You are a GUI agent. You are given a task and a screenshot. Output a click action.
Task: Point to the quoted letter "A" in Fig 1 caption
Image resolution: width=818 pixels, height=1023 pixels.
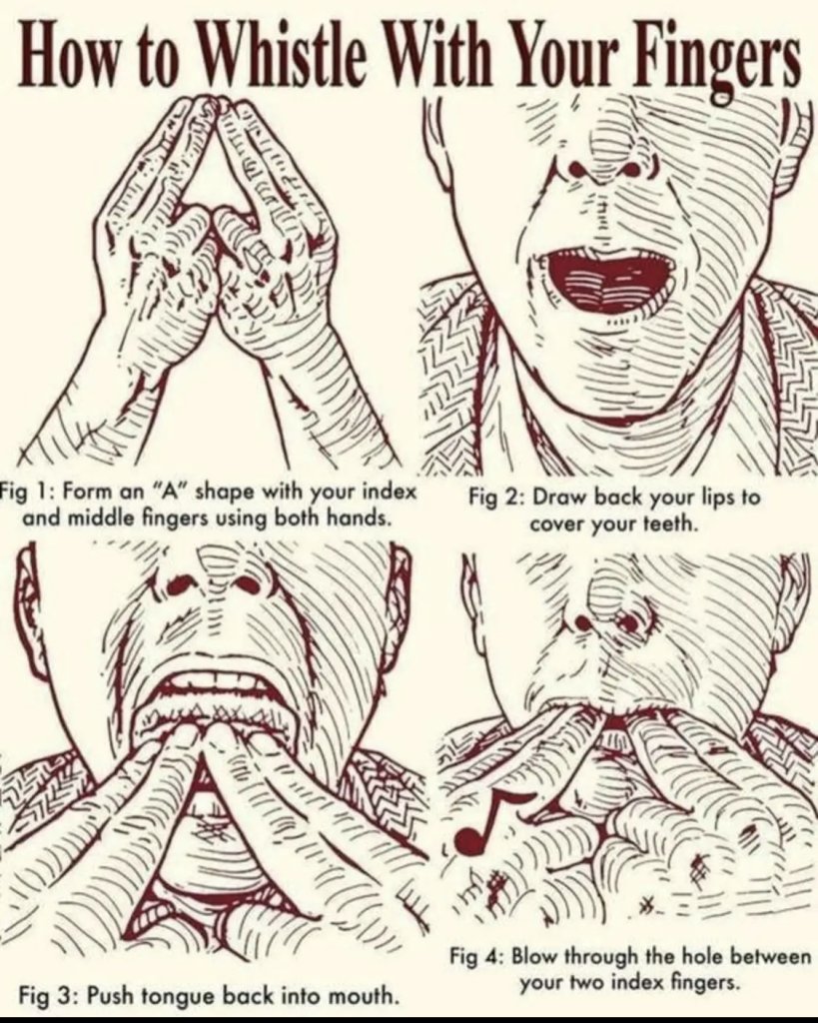[166, 492]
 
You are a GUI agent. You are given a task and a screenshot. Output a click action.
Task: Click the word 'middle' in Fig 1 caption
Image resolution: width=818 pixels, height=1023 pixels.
[95, 518]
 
